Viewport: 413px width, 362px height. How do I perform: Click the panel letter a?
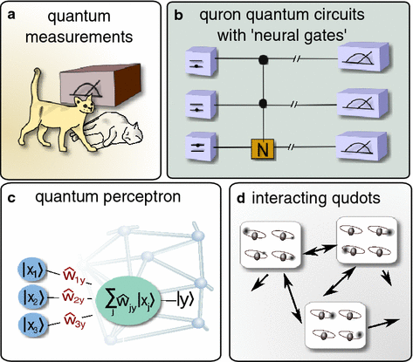pos(12,12)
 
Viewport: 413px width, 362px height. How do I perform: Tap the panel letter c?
pos(11,195)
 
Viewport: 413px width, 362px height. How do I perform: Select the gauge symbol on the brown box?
pos(98,88)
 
